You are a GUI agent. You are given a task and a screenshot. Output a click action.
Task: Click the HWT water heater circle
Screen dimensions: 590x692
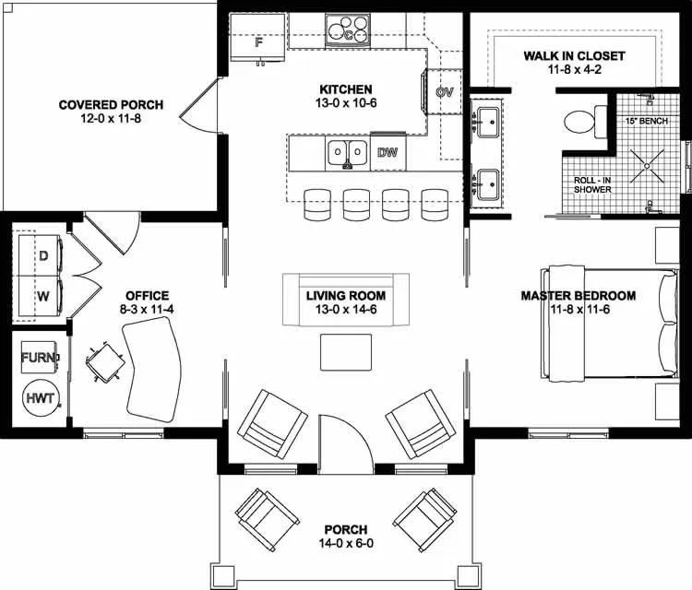(40, 398)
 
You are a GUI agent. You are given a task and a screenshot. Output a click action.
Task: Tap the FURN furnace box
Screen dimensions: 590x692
(39, 357)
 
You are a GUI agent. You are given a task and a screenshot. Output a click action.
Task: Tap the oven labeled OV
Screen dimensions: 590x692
(445, 92)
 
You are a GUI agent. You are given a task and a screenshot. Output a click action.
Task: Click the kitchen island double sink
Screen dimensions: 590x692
(348, 152)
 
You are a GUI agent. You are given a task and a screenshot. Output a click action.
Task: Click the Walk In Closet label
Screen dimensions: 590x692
(574, 56)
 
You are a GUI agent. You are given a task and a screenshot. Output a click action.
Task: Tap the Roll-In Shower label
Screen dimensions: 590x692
(592, 183)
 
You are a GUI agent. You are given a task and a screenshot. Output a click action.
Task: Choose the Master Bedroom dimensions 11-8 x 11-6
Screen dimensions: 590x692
(579, 311)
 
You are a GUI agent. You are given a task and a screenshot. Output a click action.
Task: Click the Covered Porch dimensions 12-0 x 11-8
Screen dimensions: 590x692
(99, 119)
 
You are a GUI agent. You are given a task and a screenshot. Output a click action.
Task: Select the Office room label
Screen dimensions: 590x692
(147, 296)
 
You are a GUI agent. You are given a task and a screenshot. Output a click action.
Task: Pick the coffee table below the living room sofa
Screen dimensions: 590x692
(345, 351)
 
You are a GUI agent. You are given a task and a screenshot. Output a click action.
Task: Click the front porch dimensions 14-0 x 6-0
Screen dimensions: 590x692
(345, 544)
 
